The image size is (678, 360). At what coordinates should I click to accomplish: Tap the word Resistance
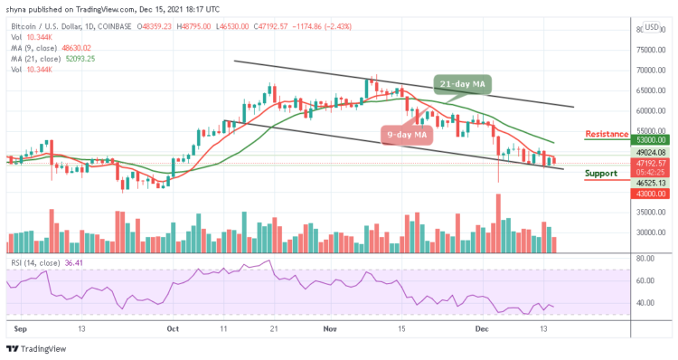click(x=607, y=134)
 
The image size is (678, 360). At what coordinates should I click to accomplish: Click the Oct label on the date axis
click(x=174, y=332)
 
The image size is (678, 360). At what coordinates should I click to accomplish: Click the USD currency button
click(x=652, y=26)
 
